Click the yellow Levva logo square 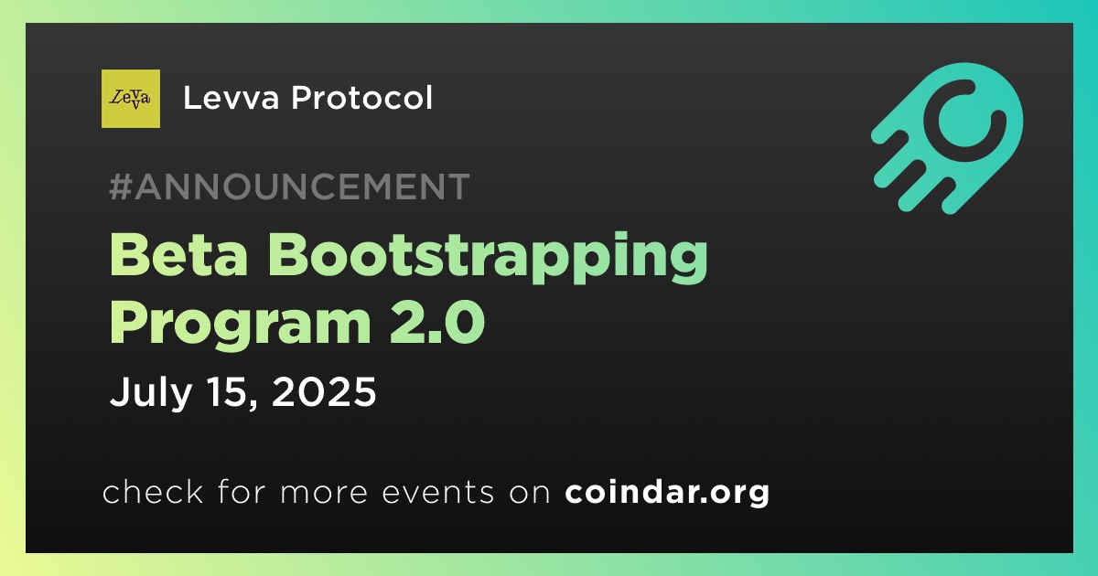[x=130, y=99]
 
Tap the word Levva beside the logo [x=231, y=98]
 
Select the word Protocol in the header [x=361, y=98]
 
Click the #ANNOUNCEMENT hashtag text [x=289, y=187]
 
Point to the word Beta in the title [x=178, y=256]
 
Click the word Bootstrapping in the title [x=489, y=259]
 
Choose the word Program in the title [x=241, y=325]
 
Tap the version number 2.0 [x=437, y=322]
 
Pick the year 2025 [x=324, y=391]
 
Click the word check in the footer [x=153, y=492]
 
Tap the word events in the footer [x=438, y=492]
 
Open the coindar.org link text [x=667, y=492]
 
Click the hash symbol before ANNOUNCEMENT [x=120, y=187]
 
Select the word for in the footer [x=242, y=492]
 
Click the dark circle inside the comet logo [x=964, y=120]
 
